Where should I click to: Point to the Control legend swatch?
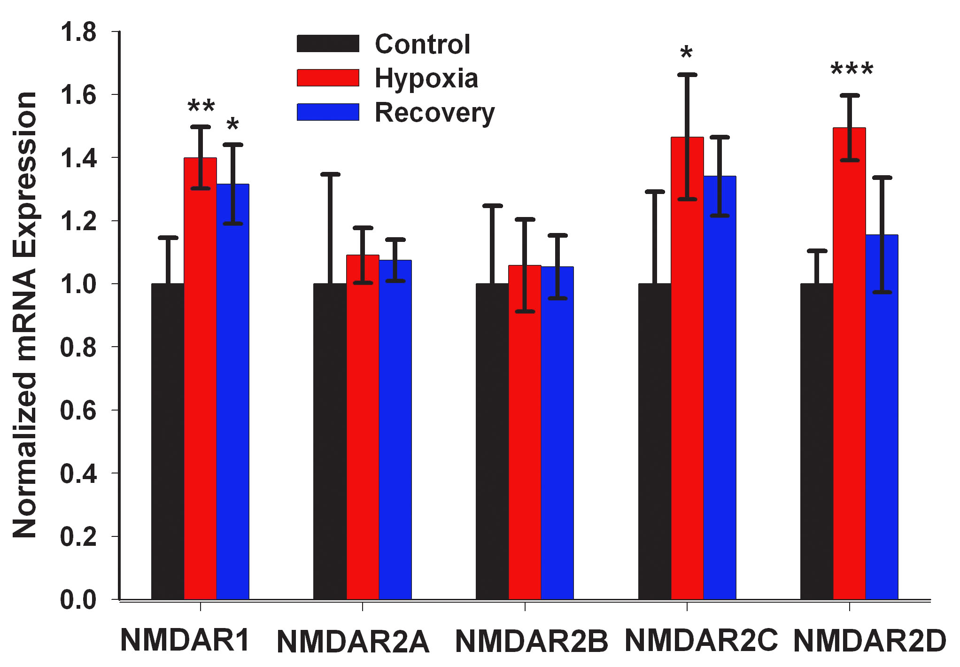point(328,44)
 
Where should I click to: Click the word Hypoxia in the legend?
point(426,78)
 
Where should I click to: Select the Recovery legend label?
point(434,113)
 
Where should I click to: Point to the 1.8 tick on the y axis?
point(78,32)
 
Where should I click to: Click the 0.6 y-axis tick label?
point(78,411)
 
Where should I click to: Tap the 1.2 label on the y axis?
point(78,221)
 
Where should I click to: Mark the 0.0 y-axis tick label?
point(78,600)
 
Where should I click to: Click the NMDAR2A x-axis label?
point(353,642)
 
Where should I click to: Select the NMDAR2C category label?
point(701,640)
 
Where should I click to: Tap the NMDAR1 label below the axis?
point(185,640)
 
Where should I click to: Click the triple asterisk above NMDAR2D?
point(852,70)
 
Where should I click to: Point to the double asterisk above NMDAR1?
point(201,107)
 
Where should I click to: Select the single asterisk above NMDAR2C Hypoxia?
point(686,53)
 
